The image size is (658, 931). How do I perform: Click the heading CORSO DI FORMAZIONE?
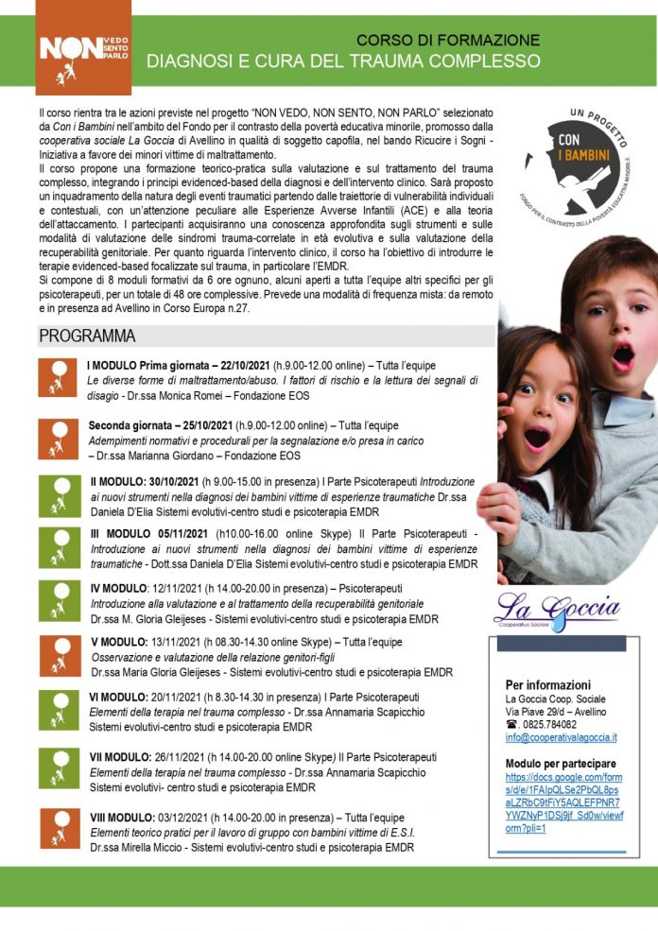click(448, 41)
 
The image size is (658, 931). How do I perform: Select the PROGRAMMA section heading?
click(87, 336)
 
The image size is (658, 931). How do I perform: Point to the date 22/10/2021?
click(239, 366)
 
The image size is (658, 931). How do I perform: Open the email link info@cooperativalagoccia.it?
click(561, 737)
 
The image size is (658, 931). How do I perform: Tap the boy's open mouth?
click(623, 356)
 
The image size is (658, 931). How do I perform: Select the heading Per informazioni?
click(548, 684)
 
